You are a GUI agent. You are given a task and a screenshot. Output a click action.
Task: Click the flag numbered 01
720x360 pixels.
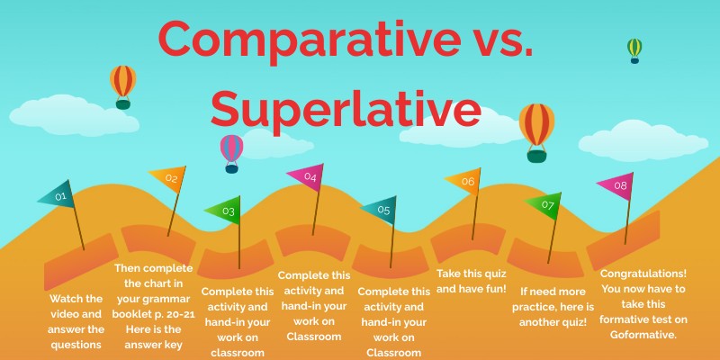pos(58,194)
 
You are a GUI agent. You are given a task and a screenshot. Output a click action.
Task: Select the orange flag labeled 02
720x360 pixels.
pos(169,178)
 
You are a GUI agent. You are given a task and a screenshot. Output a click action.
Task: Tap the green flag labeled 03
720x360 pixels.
pos(225,211)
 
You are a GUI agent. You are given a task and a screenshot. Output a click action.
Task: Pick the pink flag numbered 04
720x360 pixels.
pos(308,176)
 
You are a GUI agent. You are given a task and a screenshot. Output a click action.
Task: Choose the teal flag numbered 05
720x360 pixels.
pos(381,210)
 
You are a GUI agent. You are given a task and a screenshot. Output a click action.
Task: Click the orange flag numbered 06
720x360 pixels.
pos(465,181)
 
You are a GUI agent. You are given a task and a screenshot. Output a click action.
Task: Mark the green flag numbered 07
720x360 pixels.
pos(545,204)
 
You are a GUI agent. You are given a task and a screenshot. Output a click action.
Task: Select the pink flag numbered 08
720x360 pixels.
pos(617,185)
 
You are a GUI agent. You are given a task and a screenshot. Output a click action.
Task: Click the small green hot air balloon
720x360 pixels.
pos(634,49)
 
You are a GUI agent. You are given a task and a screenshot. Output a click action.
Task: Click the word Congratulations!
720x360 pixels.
pos(643,273)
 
